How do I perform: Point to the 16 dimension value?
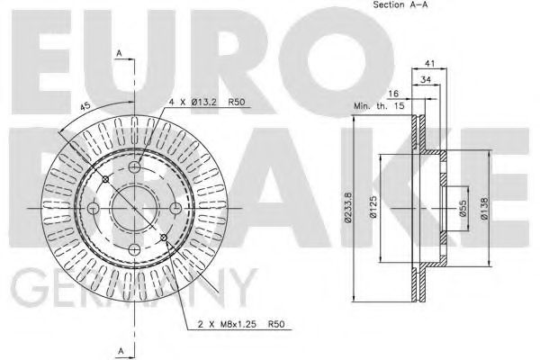[392, 93]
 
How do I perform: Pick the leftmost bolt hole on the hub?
[93, 208]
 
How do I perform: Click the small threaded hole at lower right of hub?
[165, 238]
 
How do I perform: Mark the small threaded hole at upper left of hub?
[105, 179]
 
